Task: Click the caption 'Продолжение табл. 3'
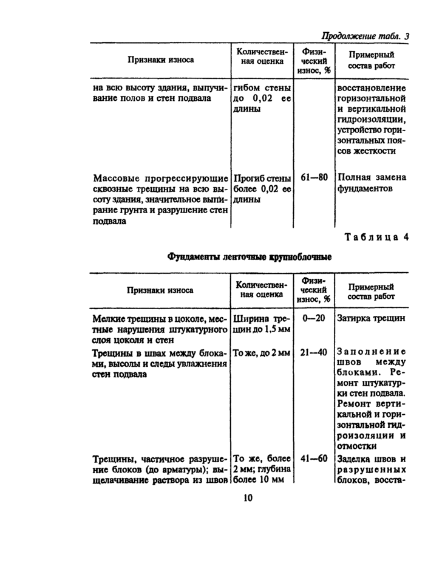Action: tap(365, 35)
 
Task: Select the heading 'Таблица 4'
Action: tap(377, 237)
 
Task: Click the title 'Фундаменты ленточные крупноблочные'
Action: tap(250, 257)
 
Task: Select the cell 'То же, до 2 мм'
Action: tap(262, 352)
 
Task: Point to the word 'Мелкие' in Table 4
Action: tap(108, 318)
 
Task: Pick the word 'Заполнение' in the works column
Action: tap(370, 352)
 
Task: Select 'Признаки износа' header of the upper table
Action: tap(160, 60)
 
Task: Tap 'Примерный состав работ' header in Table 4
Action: tap(370, 292)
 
